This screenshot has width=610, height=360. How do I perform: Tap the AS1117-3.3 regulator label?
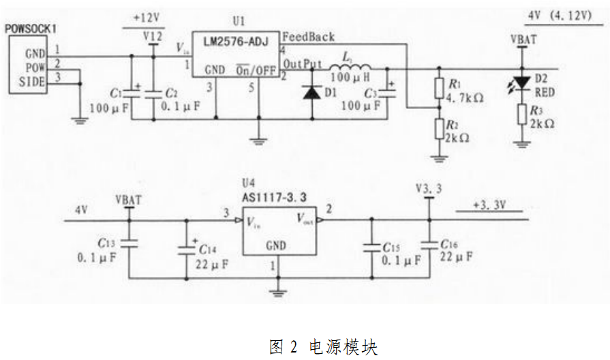[x=273, y=196]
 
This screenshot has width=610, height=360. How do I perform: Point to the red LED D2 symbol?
[x=522, y=82]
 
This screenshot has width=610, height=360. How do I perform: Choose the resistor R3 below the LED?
[x=522, y=114]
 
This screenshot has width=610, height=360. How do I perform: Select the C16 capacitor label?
[x=448, y=243]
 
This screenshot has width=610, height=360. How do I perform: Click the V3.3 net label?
[x=429, y=187]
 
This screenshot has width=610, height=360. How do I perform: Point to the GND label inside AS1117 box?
[x=277, y=245]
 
